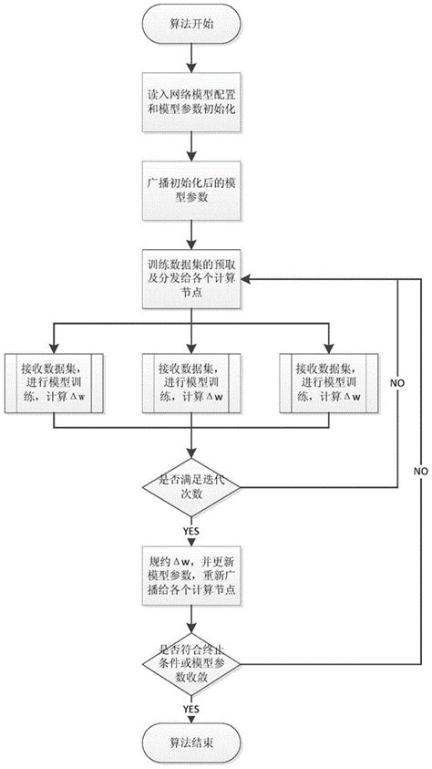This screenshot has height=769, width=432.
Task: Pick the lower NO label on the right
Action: click(419, 471)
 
